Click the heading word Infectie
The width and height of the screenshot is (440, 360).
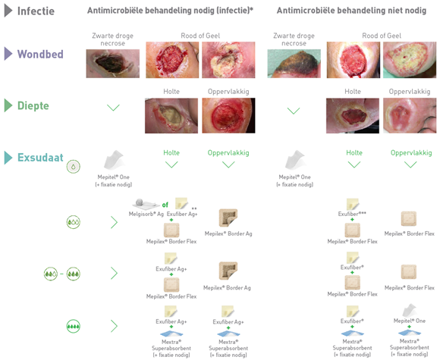tap(36, 11)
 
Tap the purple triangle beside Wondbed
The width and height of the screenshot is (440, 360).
tap(8, 54)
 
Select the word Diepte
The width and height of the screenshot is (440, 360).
tap(33, 105)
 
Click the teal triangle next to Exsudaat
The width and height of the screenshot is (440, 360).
tap(8, 158)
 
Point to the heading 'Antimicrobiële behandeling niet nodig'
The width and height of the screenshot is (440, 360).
tap(351, 11)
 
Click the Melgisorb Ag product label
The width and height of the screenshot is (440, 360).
tap(146, 214)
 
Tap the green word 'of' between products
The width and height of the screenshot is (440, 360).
tap(165, 205)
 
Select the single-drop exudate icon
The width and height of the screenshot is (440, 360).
tap(74, 167)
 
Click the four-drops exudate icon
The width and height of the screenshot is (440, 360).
tap(74, 326)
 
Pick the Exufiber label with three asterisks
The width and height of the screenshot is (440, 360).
tap(352, 214)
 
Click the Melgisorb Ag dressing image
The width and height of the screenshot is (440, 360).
tap(145, 203)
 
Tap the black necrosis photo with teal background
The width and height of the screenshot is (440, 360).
tap(294, 64)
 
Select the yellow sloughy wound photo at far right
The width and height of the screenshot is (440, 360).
tap(410, 60)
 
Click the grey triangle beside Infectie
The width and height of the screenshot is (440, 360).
tap(8, 11)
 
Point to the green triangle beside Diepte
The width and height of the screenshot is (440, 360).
tap(8, 105)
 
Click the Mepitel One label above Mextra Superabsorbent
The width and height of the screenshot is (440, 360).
tap(410, 321)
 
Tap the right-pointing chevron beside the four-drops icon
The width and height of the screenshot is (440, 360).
tap(114, 326)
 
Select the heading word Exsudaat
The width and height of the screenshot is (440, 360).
tap(40, 158)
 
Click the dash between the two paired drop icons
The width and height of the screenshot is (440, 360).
tap(61, 274)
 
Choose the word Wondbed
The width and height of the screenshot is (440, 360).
tap(40, 54)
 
